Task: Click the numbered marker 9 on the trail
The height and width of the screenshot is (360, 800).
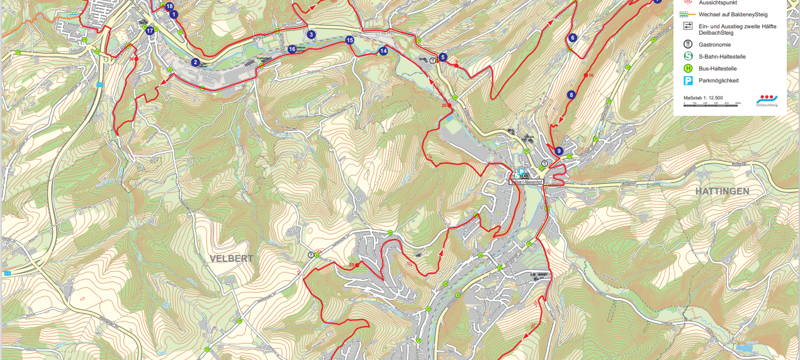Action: (558, 151)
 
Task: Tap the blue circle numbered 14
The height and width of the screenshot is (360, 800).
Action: (383, 51)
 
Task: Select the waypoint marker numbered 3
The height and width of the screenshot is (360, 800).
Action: (311, 35)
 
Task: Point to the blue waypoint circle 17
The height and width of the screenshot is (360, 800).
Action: (149, 30)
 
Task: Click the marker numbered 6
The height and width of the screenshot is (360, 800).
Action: (572, 38)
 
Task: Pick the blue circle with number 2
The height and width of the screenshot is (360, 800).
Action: (196, 62)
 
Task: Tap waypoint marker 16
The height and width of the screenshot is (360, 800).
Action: (292, 49)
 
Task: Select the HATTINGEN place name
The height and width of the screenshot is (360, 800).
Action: (722, 191)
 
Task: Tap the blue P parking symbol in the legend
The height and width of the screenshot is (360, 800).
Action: (688, 81)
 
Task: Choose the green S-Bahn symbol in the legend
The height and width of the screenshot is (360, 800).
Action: (688, 57)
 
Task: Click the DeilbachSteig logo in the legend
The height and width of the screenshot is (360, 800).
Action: (767, 101)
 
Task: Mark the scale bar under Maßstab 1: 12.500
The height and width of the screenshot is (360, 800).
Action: (712, 103)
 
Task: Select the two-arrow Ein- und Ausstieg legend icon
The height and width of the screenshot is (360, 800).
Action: (688, 26)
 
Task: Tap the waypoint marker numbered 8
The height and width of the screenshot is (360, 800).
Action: (571, 95)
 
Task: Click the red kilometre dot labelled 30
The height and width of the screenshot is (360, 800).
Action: (137, 59)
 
